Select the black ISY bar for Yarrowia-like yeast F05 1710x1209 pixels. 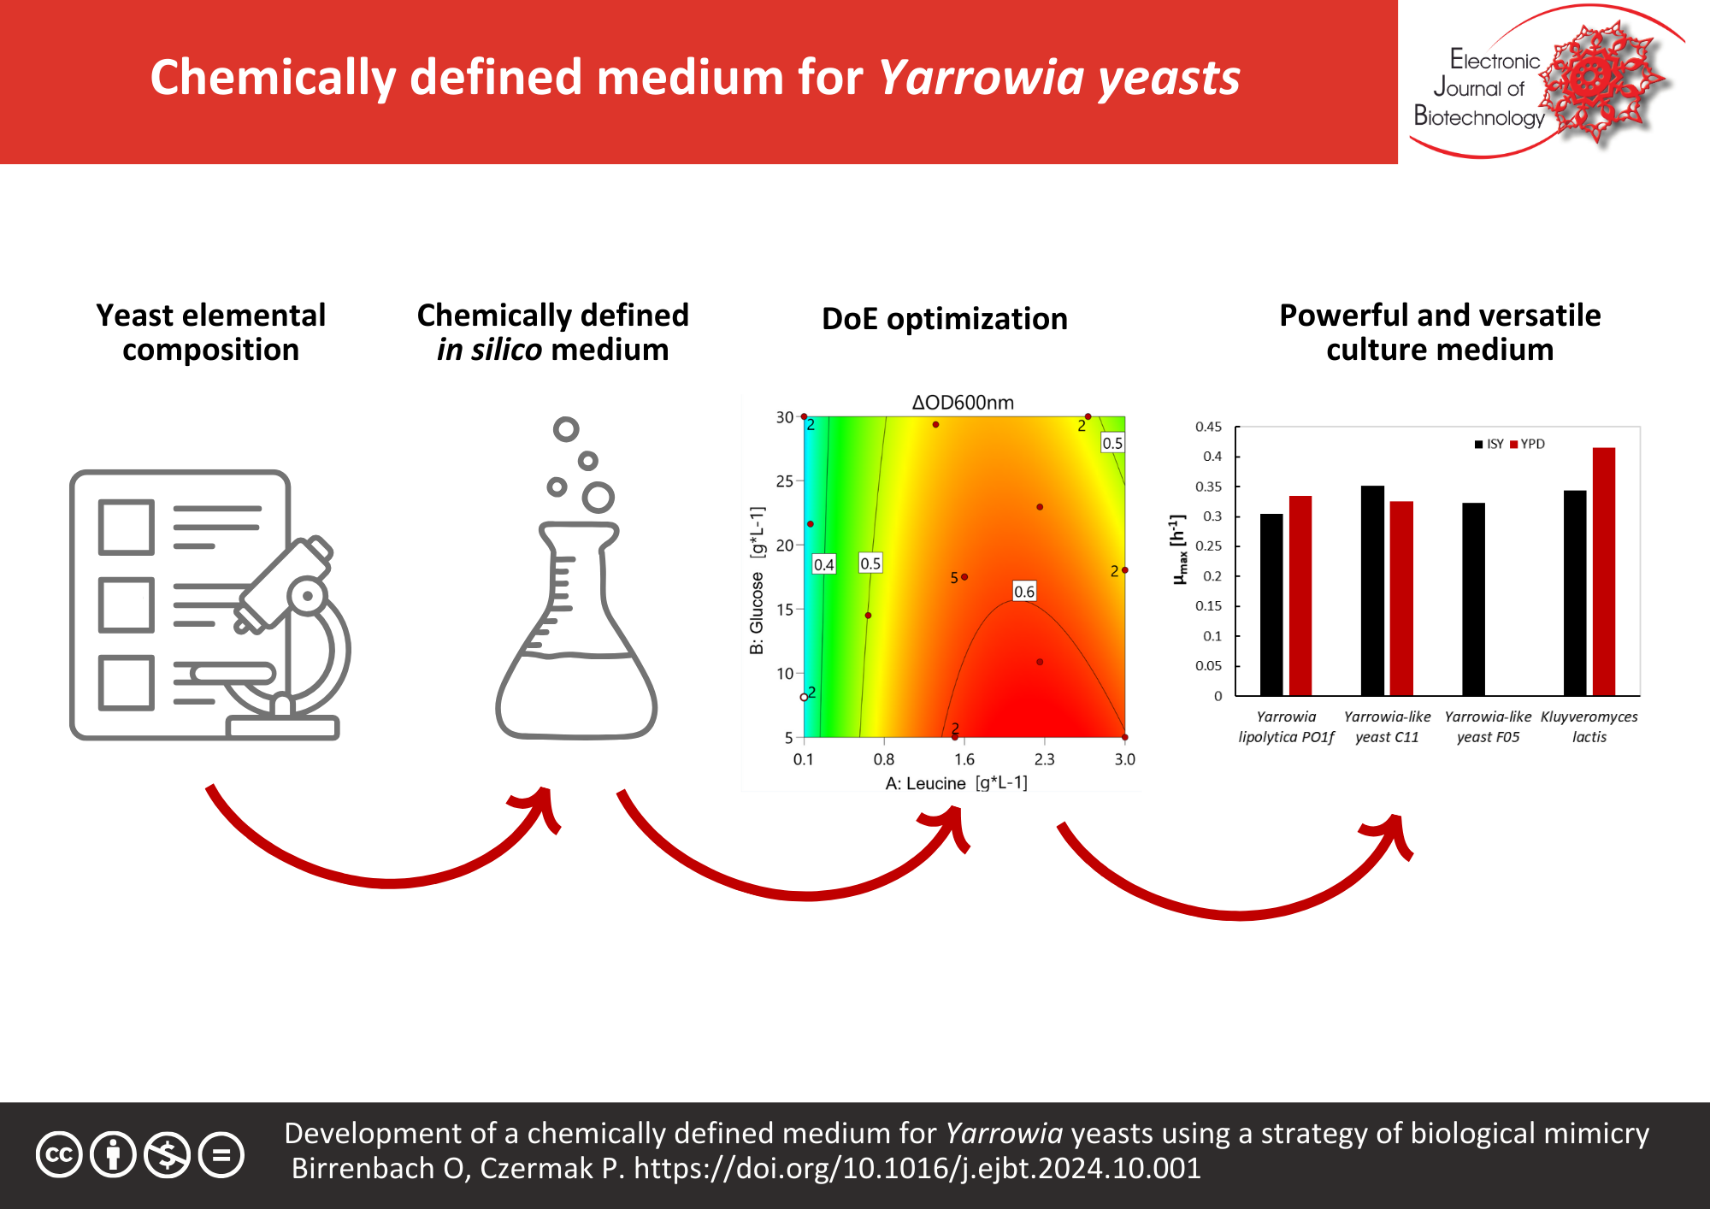tap(1473, 599)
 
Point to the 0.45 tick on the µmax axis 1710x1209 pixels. tap(1208, 427)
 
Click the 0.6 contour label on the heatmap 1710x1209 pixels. tap(1023, 592)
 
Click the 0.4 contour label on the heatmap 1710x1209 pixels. tap(823, 564)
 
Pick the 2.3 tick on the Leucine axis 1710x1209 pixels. tap(1044, 759)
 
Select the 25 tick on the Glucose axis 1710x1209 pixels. tap(784, 481)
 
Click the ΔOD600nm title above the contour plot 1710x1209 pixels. tap(962, 402)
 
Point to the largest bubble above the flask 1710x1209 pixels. tap(598, 497)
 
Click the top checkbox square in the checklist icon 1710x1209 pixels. tap(127, 528)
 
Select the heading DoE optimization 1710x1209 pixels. tap(944, 319)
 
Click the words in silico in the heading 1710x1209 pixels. tap(489, 350)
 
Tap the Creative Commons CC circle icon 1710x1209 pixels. tap(59, 1155)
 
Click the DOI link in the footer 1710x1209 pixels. tap(917, 1168)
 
